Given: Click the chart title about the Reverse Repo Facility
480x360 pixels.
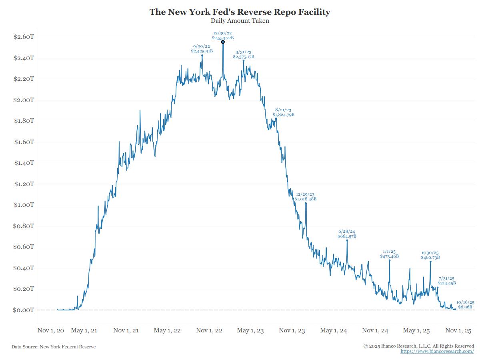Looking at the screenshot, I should pyautogui.click(x=240, y=12).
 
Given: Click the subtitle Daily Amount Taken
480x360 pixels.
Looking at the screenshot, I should pyautogui.click(x=240, y=21).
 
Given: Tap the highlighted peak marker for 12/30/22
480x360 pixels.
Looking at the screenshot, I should pyautogui.click(x=223, y=42).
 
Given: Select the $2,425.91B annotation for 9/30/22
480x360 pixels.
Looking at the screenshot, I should pyautogui.click(x=202, y=49).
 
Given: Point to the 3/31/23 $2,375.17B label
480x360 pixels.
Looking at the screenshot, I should pyautogui.click(x=244, y=54).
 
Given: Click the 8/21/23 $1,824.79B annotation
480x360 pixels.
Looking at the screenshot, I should pyautogui.click(x=283, y=112).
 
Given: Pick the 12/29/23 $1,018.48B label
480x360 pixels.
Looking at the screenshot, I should pyautogui.click(x=305, y=196).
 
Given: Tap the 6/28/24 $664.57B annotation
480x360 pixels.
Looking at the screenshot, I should pyautogui.click(x=347, y=234).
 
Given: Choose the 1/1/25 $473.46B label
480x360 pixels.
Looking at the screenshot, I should pyautogui.click(x=389, y=254).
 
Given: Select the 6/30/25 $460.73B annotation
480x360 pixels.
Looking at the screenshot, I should pyautogui.click(x=430, y=255).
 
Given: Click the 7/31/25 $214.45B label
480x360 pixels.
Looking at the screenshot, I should pyautogui.click(x=446, y=281).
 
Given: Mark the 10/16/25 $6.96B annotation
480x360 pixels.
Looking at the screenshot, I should pyautogui.click(x=466, y=304).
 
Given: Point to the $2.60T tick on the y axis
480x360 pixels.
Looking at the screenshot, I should pyautogui.click(x=24, y=37).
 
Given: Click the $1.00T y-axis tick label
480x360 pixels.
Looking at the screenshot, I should pyautogui.click(x=24, y=205).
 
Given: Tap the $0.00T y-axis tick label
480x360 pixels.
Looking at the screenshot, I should pyautogui.click(x=24, y=310).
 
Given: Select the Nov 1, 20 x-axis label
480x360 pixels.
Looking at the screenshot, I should pyautogui.click(x=51, y=330).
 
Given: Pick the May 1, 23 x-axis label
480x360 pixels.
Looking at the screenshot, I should pyautogui.click(x=250, y=330).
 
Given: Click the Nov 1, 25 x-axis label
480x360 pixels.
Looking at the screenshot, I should pyautogui.click(x=458, y=330).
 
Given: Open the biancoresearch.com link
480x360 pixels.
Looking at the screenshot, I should pyautogui.click(x=437, y=351).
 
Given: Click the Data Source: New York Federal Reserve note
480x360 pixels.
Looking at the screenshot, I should pyautogui.click(x=54, y=347).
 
